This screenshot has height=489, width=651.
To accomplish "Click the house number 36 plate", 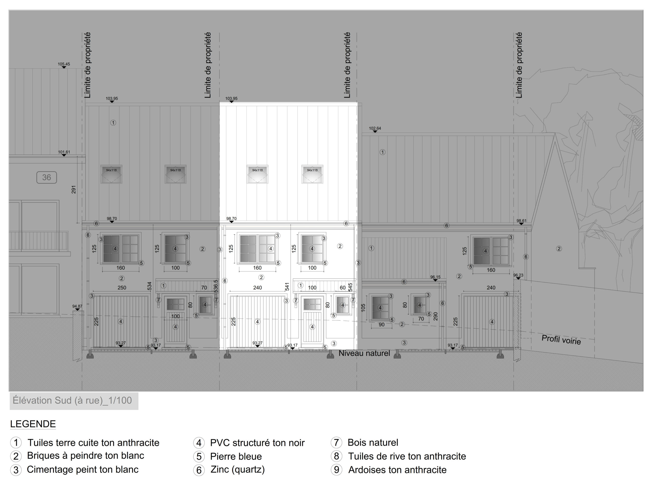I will (47, 177).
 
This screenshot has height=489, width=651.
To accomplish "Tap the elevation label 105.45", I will (64, 64).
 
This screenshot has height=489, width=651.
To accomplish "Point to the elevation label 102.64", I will (375, 128).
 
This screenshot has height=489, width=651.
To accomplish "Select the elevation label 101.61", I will (64, 152).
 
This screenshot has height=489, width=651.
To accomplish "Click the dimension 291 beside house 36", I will (73, 190).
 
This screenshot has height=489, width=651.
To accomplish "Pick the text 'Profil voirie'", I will (561, 340).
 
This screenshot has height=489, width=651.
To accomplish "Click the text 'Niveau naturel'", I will (364, 353).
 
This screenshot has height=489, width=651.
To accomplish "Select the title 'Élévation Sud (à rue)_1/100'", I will (72, 401).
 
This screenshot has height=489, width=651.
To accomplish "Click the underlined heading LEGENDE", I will (33, 424).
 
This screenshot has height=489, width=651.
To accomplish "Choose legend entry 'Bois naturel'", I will (373, 442).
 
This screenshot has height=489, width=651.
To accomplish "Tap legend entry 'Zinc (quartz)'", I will (238, 469).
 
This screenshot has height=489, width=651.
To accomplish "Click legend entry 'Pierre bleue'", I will (236, 456).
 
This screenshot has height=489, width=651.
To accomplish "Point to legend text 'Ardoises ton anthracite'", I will (397, 470).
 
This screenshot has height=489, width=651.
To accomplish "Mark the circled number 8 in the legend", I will (336, 456).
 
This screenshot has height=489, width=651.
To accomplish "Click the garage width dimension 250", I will (122, 287).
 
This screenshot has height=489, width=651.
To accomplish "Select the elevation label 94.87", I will (77, 306).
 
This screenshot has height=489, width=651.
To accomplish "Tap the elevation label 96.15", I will (435, 277).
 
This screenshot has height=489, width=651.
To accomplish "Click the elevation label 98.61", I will (522, 221).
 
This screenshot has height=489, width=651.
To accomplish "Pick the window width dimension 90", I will (381, 325).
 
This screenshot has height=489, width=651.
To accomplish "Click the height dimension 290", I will (436, 316).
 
